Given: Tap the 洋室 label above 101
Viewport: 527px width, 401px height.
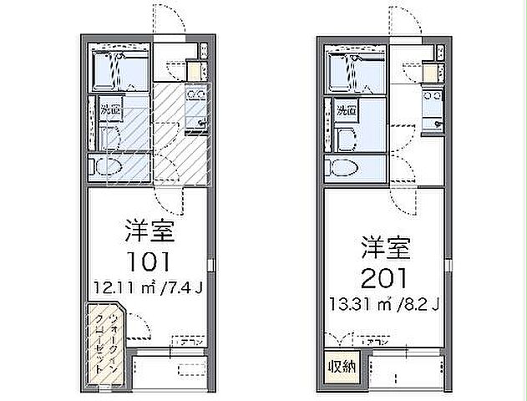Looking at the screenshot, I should (143, 228).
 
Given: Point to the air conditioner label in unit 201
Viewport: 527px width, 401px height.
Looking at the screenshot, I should (373, 341).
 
